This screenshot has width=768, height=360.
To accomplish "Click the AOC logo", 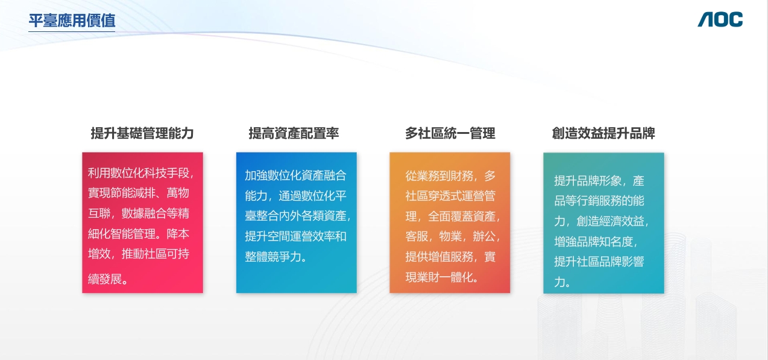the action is [x=720, y=19].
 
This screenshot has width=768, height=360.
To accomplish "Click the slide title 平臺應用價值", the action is [x=72, y=21].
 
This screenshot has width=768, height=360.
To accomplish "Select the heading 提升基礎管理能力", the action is [x=142, y=133].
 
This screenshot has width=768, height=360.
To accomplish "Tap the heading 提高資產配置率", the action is [x=294, y=133].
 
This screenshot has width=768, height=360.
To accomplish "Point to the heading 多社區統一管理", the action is [x=450, y=133].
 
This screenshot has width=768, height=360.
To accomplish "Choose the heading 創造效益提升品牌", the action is [x=603, y=133].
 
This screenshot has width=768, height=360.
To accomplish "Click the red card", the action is [x=143, y=223].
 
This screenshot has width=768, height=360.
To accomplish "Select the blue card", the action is [x=297, y=223].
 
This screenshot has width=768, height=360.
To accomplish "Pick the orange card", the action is [x=450, y=223].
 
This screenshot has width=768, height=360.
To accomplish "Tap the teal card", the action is [x=604, y=223].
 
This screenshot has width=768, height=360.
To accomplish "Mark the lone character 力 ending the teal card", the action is [x=559, y=282].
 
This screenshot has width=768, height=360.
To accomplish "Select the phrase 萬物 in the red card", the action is [x=178, y=193].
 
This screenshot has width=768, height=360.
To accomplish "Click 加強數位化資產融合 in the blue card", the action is [x=295, y=175].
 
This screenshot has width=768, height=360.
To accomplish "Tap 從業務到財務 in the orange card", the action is [x=439, y=176].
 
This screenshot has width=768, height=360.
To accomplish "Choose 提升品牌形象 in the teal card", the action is [x=588, y=181].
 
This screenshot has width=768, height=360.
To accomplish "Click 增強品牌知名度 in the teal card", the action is [x=594, y=242].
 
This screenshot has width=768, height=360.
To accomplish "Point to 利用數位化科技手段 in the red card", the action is [x=139, y=173].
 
